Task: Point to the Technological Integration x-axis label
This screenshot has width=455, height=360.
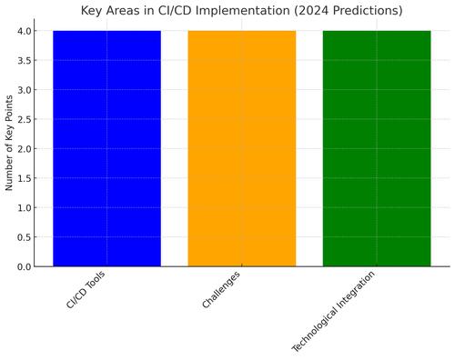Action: [x=334, y=311]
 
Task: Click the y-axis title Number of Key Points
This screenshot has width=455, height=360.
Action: [x=9, y=148]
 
